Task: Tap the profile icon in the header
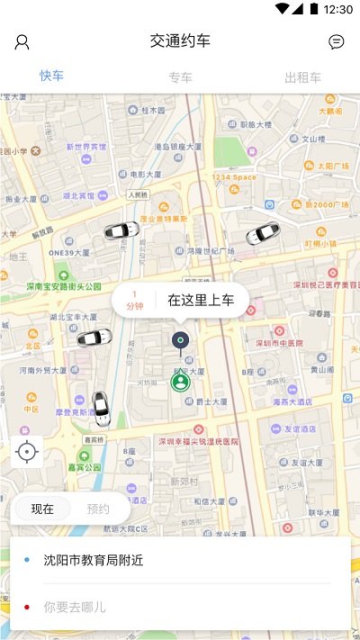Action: (x=22, y=41)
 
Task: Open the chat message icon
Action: (x=337, y=41)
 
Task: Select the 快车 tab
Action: (x=51, y=76)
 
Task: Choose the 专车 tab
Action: (x=180, y=77)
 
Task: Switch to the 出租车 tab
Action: (x=302, y=77)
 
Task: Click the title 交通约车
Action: (x=180, y=41)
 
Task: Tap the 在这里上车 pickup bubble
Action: (x=201, y=301)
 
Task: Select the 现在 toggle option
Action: (x=42, y=509)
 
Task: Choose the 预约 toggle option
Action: (x=98, y=509)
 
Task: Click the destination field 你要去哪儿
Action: (x=75, y=607)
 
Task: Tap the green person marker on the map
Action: (x=181, y=382)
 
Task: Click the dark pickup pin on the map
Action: (x=181, y=340)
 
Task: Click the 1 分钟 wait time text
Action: (x=135, y=301)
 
